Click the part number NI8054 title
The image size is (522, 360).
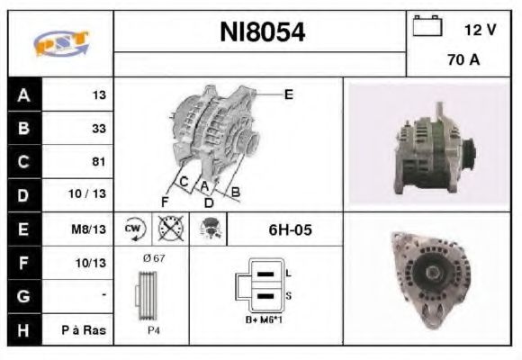[x=262, y=33]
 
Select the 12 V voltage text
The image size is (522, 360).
[x=480, y=30]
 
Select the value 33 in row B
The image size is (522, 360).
[x=98, y=129]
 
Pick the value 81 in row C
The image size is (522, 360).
[x=98, y=162]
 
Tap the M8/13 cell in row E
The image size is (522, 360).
[x=93, y=229]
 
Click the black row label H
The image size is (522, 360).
[x=22, y=329]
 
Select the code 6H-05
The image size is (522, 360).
[x=290, y=229]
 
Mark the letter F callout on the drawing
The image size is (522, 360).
[x=166, y=200]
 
